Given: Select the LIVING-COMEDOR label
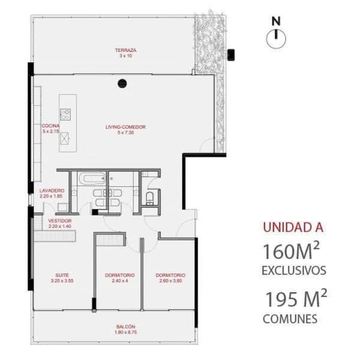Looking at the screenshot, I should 125,127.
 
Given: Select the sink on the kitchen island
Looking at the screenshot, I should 65,137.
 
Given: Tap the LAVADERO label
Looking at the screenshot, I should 52,190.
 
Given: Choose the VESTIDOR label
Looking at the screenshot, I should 59,221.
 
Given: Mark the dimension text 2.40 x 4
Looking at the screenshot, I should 119,281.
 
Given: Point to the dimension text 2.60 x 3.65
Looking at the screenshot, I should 172,281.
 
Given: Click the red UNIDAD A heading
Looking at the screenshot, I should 293,227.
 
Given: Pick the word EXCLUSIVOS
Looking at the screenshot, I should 294,271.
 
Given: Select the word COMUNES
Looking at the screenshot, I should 289,319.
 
